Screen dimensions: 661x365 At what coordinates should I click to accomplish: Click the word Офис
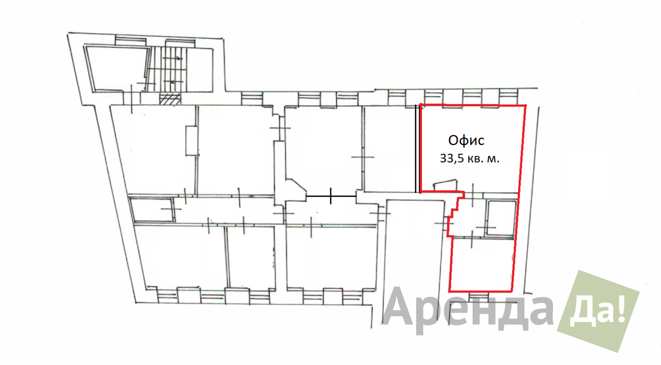click(x=466, y=141)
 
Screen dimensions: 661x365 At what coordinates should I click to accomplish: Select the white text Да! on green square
click(x=598, y=311)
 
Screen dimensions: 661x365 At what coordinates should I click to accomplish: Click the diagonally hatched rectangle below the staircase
click(x=170, y=99)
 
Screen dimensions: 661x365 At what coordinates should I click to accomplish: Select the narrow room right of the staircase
click(x=200, y=70)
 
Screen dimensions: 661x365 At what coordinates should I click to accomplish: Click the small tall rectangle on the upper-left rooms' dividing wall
click(x=192, y=141)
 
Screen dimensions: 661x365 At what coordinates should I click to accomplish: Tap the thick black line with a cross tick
click(x=331, y=196)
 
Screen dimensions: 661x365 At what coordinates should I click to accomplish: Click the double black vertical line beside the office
click(x=417, y=148)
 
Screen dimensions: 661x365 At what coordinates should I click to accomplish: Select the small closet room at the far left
click(x=152, y=210)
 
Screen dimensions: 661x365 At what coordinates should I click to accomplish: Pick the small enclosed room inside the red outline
click(x=501, y=218)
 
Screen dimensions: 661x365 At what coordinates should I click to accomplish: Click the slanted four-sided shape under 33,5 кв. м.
click(x=446, y=185)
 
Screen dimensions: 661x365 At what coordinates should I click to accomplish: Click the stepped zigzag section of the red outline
click(x=455, y=214)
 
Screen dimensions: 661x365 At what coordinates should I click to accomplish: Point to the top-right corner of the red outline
click(x=525, y=105)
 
